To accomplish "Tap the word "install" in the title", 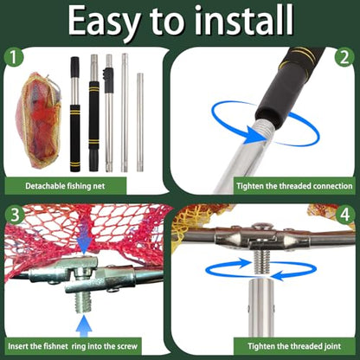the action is coord(244,20).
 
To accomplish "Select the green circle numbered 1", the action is coord(13,57).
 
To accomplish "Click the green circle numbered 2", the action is coord(344,57).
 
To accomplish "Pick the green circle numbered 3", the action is coord(15,215).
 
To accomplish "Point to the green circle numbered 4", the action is coord(345,215).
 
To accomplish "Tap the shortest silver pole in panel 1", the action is coord(140,122).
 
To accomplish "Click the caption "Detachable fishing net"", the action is coord(65,186).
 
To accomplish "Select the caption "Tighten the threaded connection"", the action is coord(294,186).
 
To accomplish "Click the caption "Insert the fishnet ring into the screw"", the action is coord(73,346).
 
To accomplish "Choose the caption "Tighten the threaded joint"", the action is coord(294,346).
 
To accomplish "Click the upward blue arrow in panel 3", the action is coord(84,326).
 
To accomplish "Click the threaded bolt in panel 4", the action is coord(261,261).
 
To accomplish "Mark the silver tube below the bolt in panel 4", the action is coord(261,307).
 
